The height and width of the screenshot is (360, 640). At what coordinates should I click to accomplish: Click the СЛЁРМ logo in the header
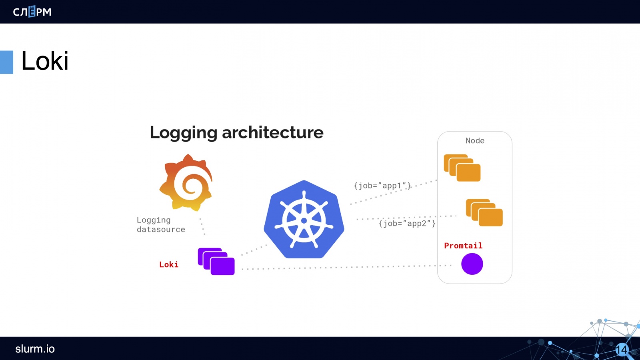(32, 12)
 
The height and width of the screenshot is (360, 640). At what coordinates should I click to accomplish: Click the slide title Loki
(45, 61)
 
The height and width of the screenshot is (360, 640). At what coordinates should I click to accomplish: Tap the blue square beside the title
(6, 62)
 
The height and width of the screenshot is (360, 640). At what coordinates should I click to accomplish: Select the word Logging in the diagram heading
(183, 133)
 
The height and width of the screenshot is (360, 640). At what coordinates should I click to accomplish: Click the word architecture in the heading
(272, 132)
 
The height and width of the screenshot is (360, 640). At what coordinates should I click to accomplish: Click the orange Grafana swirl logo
(186, 183)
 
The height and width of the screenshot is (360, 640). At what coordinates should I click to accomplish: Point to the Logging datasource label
(160, 225)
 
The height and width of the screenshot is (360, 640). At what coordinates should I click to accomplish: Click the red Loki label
(168, 264)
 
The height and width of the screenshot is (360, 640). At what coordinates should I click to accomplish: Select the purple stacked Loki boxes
(216, 261)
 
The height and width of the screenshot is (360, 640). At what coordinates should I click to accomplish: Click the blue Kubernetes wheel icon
(304, 220)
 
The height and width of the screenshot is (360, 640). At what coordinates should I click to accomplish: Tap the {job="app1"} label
(382, 186)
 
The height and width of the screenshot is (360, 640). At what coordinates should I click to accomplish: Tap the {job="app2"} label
(407, 223)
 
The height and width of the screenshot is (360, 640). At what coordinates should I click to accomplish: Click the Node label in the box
(475, 141)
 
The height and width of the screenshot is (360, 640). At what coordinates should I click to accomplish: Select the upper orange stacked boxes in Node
(462, 168)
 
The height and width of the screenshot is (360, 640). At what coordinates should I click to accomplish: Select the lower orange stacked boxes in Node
(484, 212)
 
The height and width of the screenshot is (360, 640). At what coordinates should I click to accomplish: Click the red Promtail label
(463, 246)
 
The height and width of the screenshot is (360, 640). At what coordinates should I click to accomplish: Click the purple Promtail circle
(472, 264)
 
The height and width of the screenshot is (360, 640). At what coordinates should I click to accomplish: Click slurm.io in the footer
(35, 349)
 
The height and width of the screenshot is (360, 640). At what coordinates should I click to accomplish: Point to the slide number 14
(621, 350)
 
